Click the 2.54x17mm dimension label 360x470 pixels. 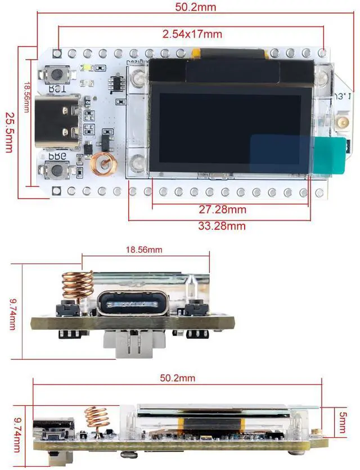tap(192, 34)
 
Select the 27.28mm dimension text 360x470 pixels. tap(223, 210)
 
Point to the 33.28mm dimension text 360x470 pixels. tap(223, 226)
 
